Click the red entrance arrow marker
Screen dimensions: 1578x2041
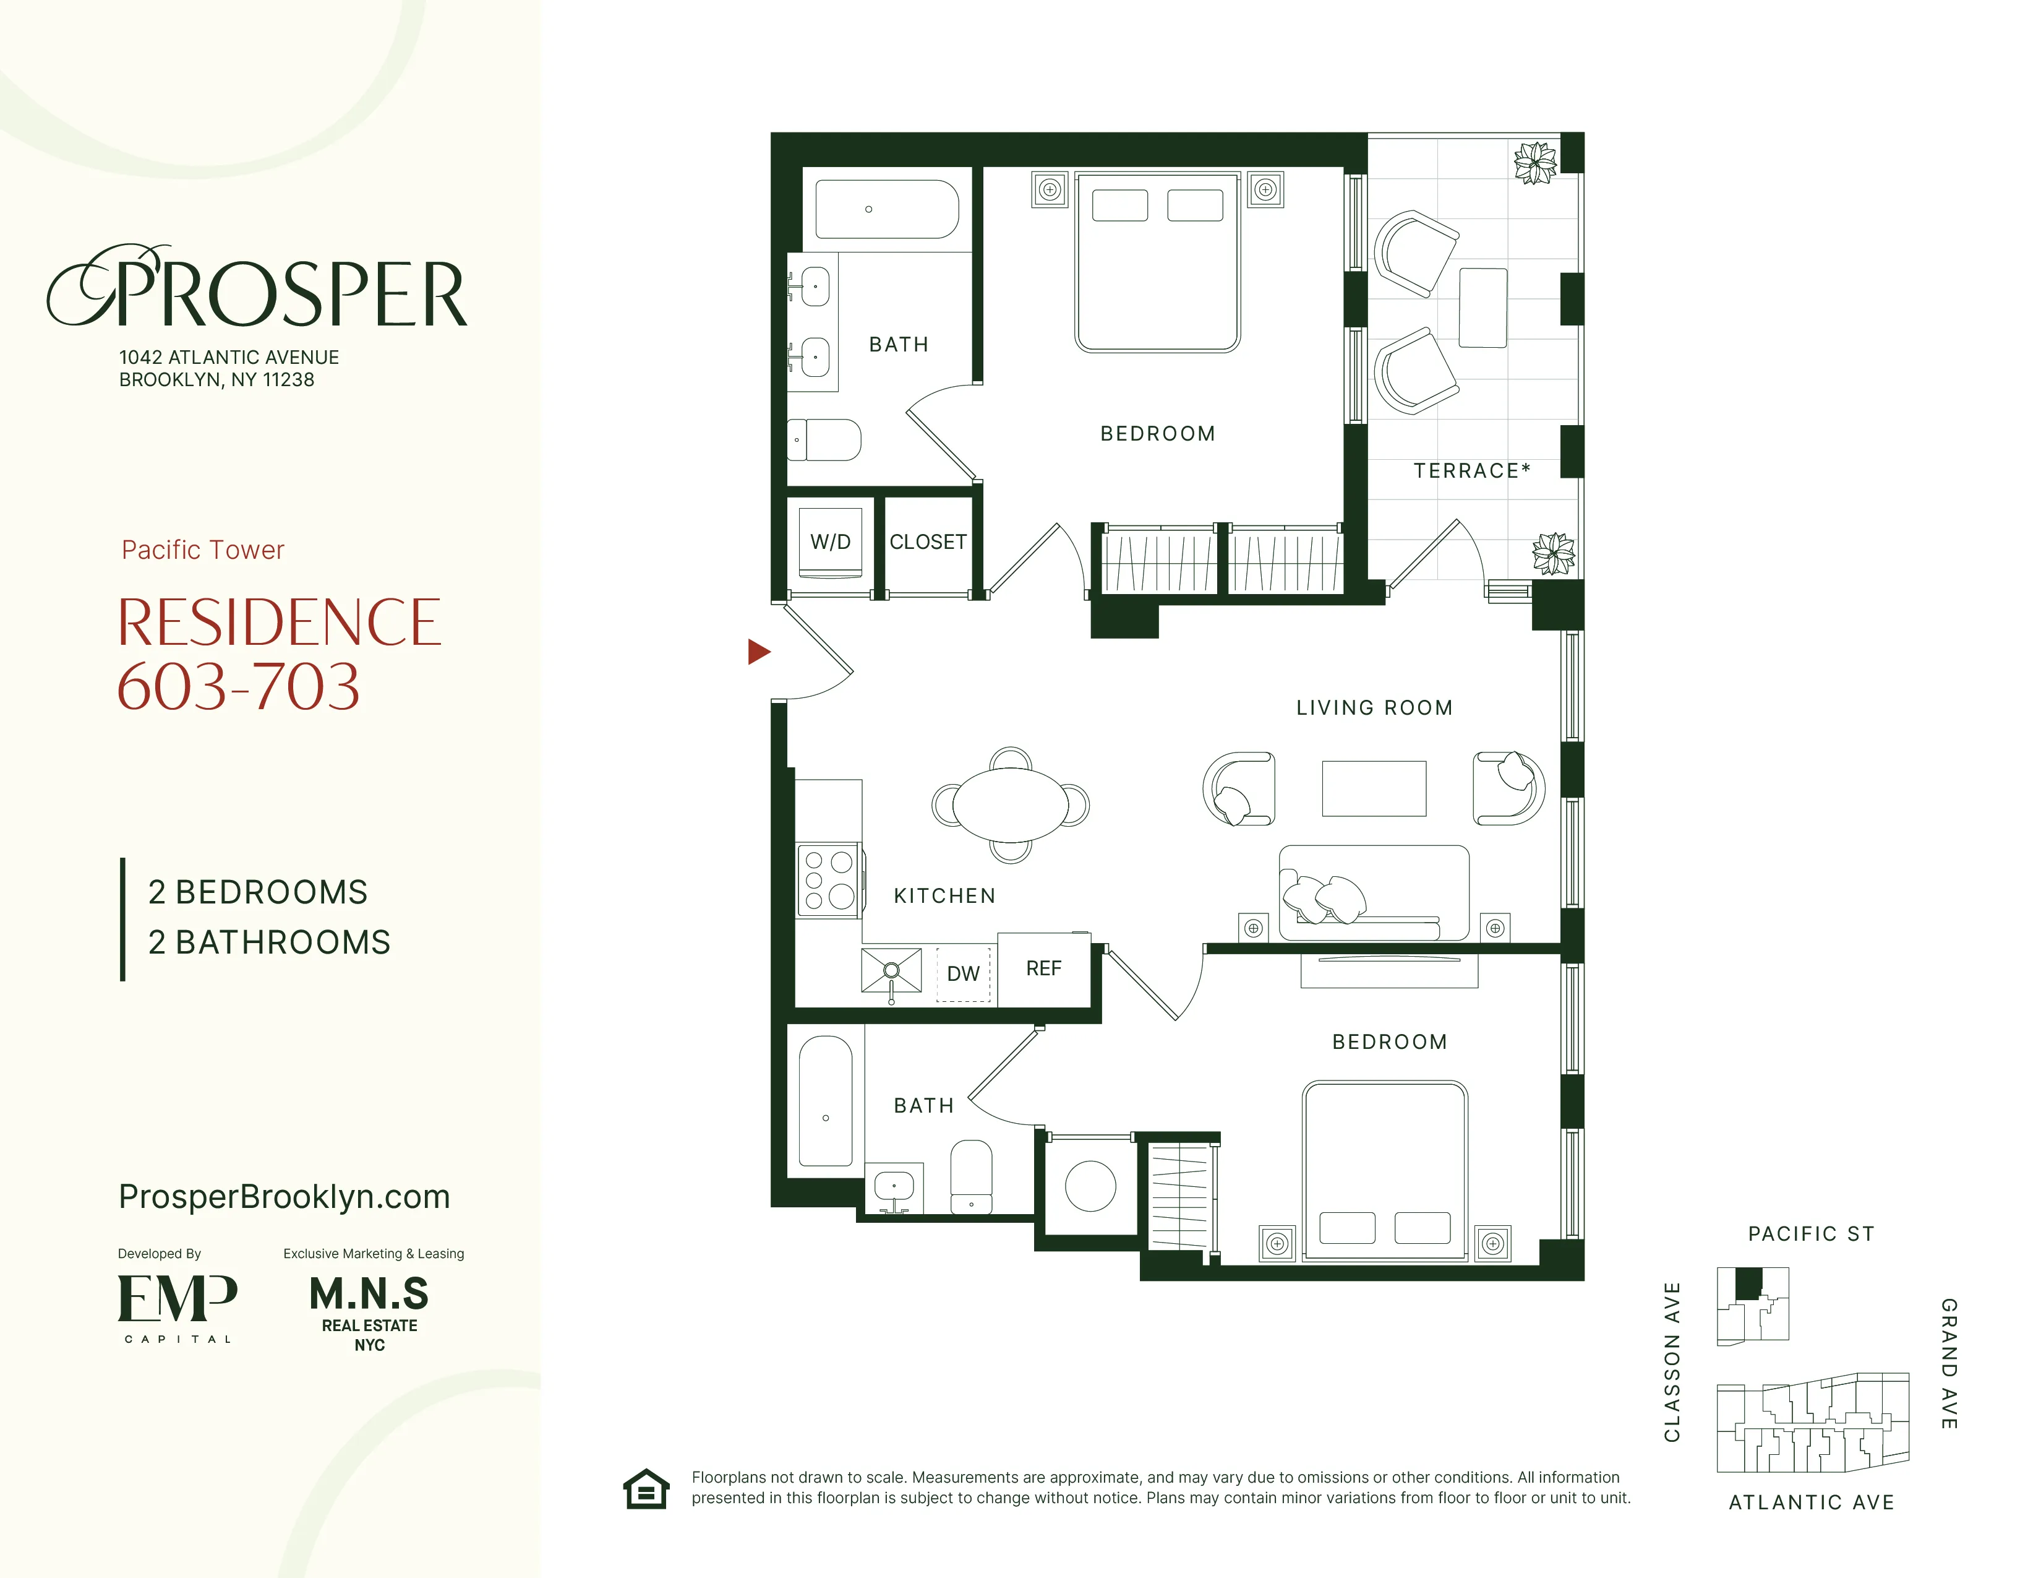pos(758,652)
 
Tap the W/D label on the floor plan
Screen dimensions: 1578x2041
pos(830,542)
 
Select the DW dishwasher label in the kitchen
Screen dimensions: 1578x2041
pos(962,974)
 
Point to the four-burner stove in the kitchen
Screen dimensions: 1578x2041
pos(829,880)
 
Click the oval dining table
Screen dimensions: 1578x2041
pos(1010,804)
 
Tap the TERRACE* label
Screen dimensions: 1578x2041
pos(1471,471)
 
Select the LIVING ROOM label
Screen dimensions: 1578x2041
pos(1374,708)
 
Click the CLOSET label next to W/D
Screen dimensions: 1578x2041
pos(927,542)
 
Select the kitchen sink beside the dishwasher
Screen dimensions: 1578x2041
pos(891,970)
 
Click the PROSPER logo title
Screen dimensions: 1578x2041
pos(257,289)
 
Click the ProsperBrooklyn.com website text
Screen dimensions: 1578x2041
pos(284,1197)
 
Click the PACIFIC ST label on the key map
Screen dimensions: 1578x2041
pos(1810,1234)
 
